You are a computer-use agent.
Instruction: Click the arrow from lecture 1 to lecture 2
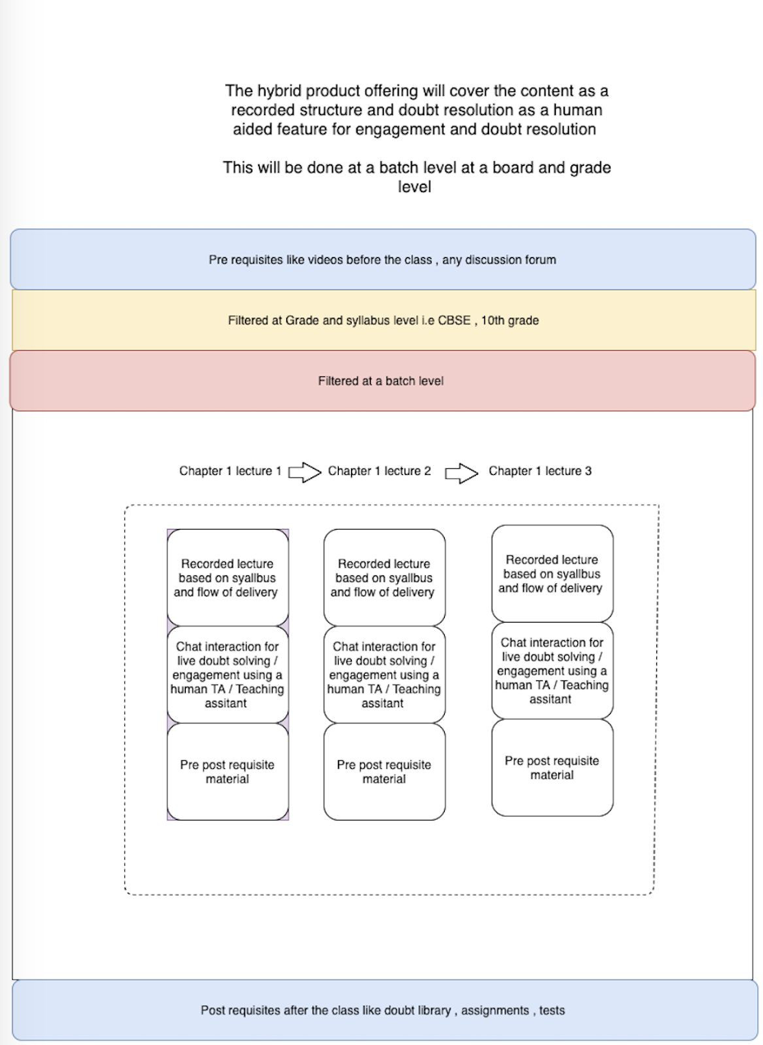tap(304, 472)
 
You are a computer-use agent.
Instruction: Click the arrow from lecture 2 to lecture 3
tap(461, 473)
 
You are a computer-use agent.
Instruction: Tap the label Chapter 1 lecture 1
tap(230, 471)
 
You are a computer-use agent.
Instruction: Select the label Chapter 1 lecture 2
tap(379, 471)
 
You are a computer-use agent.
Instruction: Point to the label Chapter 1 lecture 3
tap(540, 471)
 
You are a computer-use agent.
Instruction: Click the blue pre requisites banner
tap(383, 260)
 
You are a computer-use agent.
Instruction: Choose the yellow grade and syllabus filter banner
tap(383, 320)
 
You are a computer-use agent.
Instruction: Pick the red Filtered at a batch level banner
tap(382, 380)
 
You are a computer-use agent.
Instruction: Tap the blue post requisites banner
tap(385, 1010)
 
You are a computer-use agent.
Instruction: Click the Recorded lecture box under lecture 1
tap(228, 578)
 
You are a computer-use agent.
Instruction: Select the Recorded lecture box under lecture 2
tap(384, 578)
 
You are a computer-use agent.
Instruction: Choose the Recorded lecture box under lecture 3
tap(553, 573)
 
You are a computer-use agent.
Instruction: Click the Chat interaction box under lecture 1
tap(228, 674)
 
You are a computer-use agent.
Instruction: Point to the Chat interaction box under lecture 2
tap(384, 674)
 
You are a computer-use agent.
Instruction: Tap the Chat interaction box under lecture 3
tap(553, 670)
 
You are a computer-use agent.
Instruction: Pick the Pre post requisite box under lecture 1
tap(228, 771)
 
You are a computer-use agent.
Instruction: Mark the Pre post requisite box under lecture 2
tap(384, 771)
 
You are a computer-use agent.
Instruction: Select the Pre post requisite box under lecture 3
tap(553, 767)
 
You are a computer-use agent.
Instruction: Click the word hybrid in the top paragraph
tap(278, 91)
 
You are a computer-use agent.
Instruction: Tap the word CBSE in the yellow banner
tap(454, 320)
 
